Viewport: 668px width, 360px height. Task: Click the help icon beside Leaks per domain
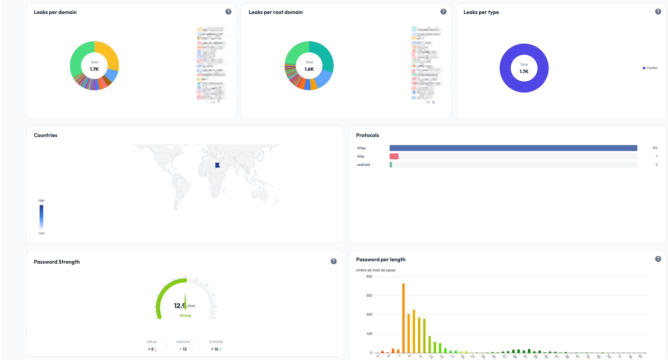(x=228, y=12)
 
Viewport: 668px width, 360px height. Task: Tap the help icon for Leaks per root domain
(x=443, y=12)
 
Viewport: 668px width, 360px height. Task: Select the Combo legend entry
(x=651, y=68)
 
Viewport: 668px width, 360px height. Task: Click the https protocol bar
(x=513, y=148)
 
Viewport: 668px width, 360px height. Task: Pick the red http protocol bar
(x=394, y=156)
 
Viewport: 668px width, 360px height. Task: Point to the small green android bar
(x=391, y=165)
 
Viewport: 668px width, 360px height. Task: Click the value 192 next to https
(x=655, y=148)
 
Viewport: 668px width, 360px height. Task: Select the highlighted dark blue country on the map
(x=217, y=165)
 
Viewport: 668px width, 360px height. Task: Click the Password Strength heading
(x=57, y=262)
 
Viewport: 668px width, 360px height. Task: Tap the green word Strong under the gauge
(x=185, y=315)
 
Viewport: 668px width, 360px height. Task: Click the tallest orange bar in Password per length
(x=403, y=318)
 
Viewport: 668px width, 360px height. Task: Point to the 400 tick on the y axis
(x=369, y=276)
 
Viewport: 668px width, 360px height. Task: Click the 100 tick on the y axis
(x=369, y=334)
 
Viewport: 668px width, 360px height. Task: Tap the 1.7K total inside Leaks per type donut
(x=524, y=72)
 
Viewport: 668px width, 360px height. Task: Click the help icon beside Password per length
(x=658, y=259)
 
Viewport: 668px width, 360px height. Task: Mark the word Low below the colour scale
(x=41, y=233)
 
